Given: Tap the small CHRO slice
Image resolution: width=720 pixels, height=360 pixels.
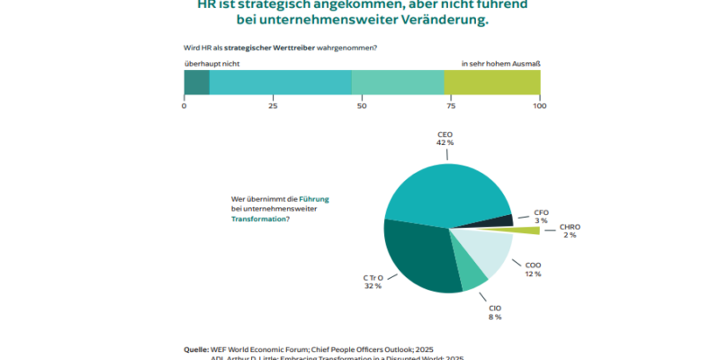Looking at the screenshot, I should pos(526,231).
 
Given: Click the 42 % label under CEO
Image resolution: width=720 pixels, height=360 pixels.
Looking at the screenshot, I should pos(445,142).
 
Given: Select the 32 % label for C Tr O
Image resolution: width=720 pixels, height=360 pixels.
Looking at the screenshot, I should pos(373,286).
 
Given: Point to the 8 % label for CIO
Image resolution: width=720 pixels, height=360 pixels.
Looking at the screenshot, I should pos(494,317).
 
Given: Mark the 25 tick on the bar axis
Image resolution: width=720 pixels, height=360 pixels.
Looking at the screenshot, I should pos(272,106).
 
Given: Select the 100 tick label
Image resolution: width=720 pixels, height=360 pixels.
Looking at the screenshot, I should pos(539,106).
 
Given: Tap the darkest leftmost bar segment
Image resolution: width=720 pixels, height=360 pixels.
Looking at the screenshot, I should pos(196,83).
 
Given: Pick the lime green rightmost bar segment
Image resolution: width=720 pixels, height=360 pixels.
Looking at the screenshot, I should pos(492,83).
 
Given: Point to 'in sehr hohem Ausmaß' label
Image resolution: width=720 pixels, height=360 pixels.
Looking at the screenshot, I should pos(500,63).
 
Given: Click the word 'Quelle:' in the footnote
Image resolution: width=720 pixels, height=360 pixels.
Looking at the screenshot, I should pos(196,348).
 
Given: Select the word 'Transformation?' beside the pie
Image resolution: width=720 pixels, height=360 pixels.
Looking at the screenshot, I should pos(260,219).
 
